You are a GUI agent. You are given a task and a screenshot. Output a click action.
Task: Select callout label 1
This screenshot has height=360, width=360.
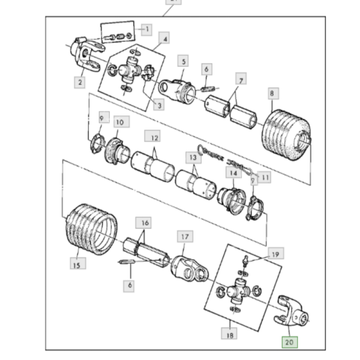coord(146,28)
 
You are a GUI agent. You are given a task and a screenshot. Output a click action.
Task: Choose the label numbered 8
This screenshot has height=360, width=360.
coord(272,94)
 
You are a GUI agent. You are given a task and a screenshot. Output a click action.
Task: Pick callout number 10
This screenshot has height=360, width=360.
coord(119,122)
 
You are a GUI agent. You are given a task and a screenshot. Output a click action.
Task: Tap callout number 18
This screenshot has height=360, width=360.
coord(228,335)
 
